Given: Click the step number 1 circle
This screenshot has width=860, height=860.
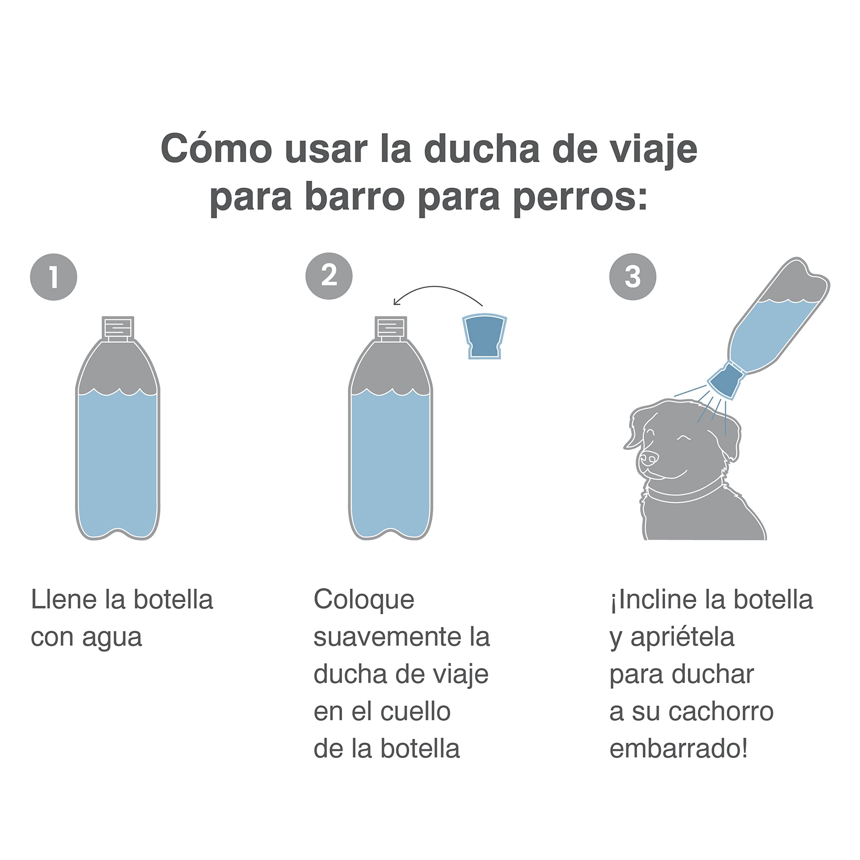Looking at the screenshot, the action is click(53, 277).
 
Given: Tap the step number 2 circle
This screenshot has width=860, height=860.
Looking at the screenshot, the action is click(329, 276).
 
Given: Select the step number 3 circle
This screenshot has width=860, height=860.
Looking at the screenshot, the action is click(632, 277).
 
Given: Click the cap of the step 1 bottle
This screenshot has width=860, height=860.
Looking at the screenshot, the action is click(118, 328).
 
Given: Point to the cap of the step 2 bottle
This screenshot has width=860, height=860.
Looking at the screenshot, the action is click(391, 328).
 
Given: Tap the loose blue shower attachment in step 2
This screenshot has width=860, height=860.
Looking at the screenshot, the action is click(484, 336).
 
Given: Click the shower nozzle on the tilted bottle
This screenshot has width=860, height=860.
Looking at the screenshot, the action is click(726, 380).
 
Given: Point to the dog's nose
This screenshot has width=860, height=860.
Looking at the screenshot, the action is click(649, 458).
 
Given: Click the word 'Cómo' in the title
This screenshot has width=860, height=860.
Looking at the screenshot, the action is click(217, 149).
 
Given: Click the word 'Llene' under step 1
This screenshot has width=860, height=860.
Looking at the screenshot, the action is click(63, 600).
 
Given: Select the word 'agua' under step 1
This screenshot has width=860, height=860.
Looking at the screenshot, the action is click(112, 639).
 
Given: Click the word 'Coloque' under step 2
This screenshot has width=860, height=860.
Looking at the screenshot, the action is click(364, 599).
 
